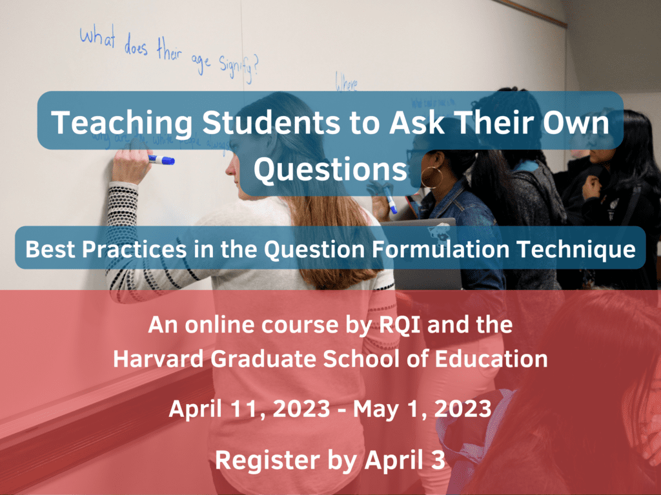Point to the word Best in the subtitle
click(x=48, y=249)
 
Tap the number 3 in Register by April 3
click(x=439, y=460)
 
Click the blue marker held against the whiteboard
click(x=161, y=159)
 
